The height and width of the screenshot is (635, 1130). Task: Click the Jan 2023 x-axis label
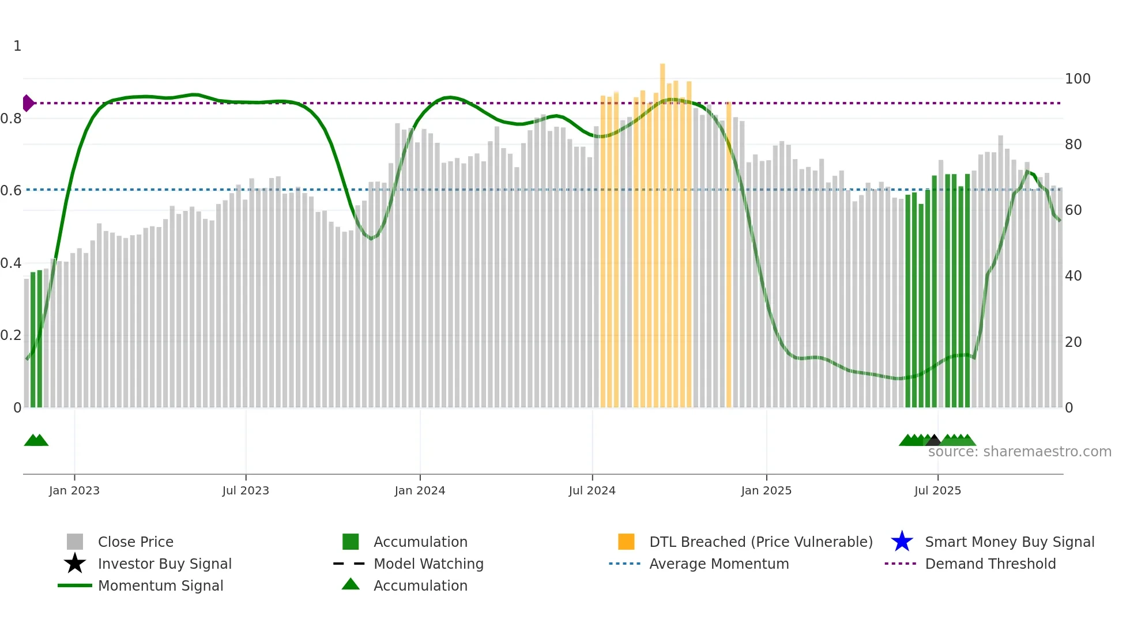pyautogui.click(x=74, y=490)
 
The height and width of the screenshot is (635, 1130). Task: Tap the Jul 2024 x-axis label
pyautogui.click(x=592, y=490)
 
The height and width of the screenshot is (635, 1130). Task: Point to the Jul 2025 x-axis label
pyautogui.click(x=937, y=490)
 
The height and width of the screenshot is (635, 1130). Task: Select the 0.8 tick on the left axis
pyautogui.click(x=11, y=119)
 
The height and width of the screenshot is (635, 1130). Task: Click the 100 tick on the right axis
pyautogui.click(x=1077, y=79)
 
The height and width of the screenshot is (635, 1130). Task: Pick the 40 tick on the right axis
pyautogui.click(x=1073, y=276)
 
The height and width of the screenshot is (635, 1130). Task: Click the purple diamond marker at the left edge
pyautogui.click(x=28, y=103)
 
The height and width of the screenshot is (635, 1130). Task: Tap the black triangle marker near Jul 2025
pyautogui.click(x=933, y=440)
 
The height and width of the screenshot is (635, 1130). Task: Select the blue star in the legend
pyautogui.click(x=902, y=542)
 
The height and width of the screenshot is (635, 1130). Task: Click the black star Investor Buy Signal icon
pyautogui.click(x=75, y=564)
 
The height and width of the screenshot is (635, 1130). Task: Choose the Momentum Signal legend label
pyautogui.click(x=160, y=585)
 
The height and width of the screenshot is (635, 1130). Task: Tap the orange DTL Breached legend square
pyautogui.click(x=626, y=542)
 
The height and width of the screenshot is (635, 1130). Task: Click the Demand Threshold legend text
pyautogui.click(x=990, y=564)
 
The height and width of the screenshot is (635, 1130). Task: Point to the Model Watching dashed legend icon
pyautogui.click(x=349, y=564)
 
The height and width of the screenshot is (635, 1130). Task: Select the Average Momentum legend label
pyautogui.click(x=718, y=564)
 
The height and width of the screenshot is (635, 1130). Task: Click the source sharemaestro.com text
pyautogui.click(x=1019, y=452)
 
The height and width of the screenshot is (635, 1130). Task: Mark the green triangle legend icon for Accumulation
pyautogui.click(x=351, y=584)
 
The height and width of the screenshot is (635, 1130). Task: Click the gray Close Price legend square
pyautogui.click(x=75, y=542)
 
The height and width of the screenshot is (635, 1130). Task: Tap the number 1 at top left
pyautogui.click(x=17, y=46)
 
